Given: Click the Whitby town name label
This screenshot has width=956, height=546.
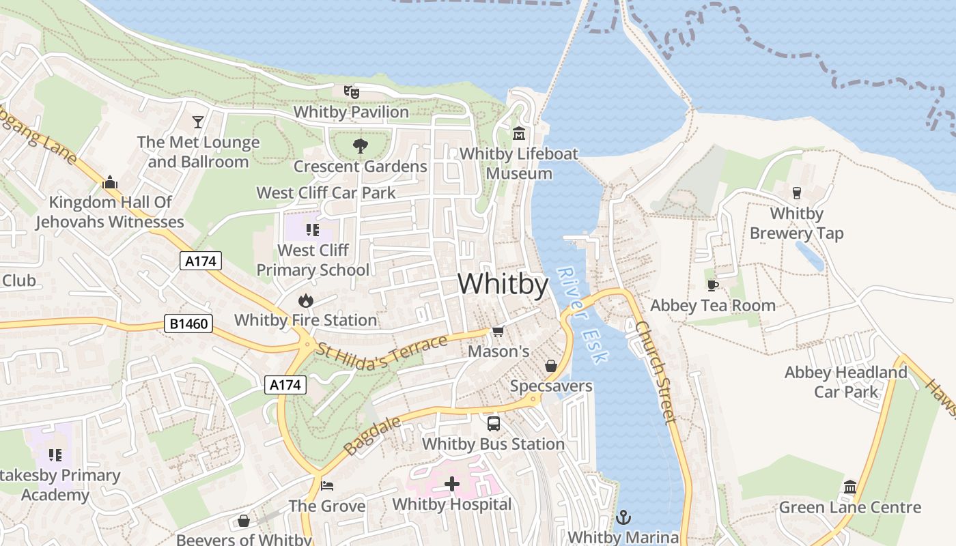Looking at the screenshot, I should point(503,284).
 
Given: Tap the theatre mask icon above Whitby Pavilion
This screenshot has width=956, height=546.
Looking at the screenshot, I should point(351,91).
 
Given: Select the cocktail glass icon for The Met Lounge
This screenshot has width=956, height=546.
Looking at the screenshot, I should point(198,122).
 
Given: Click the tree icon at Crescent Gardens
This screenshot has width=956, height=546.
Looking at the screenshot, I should point(360,145).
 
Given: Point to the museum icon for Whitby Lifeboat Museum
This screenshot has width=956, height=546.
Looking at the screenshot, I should point(518,133).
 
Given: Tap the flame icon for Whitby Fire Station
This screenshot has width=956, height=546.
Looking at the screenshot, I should point(305,300).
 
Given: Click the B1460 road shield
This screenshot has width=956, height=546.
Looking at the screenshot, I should point(188,324).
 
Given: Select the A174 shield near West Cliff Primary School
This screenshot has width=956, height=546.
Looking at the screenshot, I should point(201,260).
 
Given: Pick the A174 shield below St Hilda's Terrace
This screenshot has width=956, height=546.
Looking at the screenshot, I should point(285,385).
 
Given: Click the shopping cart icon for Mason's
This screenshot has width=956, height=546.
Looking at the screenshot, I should point(498,332).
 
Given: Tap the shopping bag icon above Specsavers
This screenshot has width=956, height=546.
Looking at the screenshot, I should point(551,367).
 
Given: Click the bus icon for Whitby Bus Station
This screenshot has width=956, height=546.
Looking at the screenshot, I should point(493,424).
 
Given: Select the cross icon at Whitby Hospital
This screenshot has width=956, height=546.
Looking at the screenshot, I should point(452,485).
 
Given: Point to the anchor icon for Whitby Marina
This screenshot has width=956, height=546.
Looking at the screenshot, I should point(623,518).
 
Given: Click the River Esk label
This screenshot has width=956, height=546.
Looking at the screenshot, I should point(581,315).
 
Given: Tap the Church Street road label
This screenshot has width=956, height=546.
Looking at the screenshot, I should point(656,373).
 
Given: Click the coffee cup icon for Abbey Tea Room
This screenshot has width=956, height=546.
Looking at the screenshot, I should point(712,285).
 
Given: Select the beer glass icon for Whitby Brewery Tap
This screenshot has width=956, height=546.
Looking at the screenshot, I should point(796,193).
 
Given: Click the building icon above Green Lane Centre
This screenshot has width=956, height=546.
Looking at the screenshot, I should point(850,487).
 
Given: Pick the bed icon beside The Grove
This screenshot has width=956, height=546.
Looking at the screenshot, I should point(327,486).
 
